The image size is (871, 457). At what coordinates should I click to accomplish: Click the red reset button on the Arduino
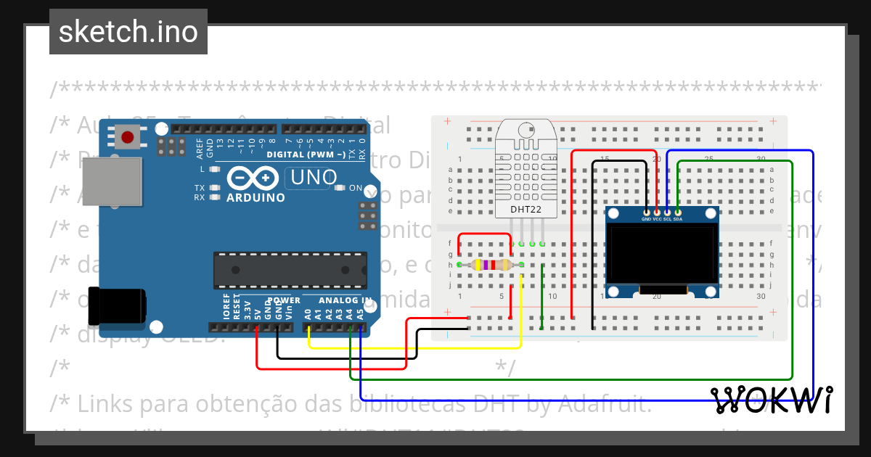point(128,137)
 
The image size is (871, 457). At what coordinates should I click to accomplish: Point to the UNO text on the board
point(314,177)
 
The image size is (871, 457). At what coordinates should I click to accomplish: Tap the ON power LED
point(340,188)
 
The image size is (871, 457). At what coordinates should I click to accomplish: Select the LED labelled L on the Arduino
point(214,169)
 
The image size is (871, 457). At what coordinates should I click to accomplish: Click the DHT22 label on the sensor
point(526,210)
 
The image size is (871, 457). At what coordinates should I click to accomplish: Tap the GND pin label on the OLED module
point(646,219)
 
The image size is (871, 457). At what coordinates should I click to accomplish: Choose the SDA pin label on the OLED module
point(677,219)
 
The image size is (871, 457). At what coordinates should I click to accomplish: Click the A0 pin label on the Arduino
point(308,313)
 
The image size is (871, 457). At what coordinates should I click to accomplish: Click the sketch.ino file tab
point(128,32)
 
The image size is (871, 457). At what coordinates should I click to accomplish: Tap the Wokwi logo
point(771,400)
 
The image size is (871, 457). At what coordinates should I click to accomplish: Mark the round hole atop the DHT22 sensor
point(526,131)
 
